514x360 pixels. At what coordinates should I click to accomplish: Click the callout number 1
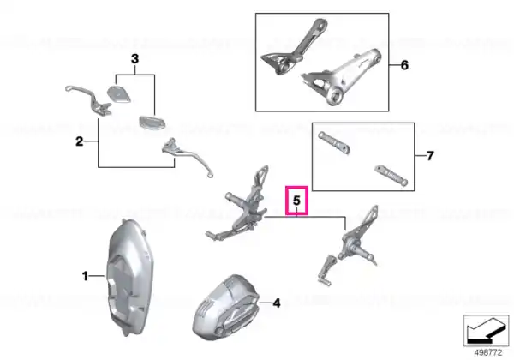click(x=85, y=276)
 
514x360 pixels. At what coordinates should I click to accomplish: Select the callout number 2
click(x=80, y=142)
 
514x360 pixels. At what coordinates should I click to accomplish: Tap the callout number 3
click(x=134, y=59)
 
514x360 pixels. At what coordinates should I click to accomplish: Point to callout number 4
click(x=277, y=303)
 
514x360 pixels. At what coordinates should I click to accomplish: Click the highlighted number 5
click(x=296, y=201)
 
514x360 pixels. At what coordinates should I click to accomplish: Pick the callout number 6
click(x=404, y=65)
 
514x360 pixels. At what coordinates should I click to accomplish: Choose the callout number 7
click(x=430, y=155)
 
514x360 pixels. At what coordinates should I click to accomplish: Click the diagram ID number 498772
click(x=488, y=353)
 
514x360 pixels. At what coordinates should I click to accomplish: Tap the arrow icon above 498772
click(x=486, y=331)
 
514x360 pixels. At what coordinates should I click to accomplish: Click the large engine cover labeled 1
click(x=127, y=278)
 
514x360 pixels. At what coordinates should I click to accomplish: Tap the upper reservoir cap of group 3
click(x=118, y=93)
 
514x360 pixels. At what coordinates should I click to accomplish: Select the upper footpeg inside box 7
click(x=333, y=142)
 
